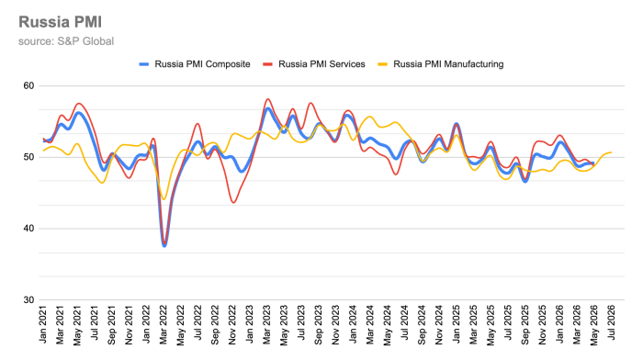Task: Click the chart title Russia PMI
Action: click(x=61, y=22)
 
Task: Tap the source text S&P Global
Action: click(x=85, y=41)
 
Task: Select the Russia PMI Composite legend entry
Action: click(x=195, y=64)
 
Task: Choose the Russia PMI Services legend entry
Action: click(x=314, y=64)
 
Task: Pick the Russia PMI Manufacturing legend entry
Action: click(x=440, y=64)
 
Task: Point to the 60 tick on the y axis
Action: click(x=28, y=86)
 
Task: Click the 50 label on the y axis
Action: click(x=28, y=157)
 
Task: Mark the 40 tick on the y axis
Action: click(x=28, y=229)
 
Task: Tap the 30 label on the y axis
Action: click(x=28, y=300)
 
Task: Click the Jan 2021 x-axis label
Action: click(x=43, y=324)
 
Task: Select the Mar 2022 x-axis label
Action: click(x=164, y=324)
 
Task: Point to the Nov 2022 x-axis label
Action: click(x=232, y=324)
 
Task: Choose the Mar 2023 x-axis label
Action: click(x=267, y=324)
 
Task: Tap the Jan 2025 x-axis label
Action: click(x=457, y=324)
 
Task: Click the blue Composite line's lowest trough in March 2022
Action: click(x=164, y=245)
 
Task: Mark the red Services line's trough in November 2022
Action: click(x=233, y=202)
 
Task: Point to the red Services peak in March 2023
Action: click(x=268, y=99)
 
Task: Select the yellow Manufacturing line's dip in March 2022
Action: click(x=164, y=199)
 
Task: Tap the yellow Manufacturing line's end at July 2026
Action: click(x=611, y=152)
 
